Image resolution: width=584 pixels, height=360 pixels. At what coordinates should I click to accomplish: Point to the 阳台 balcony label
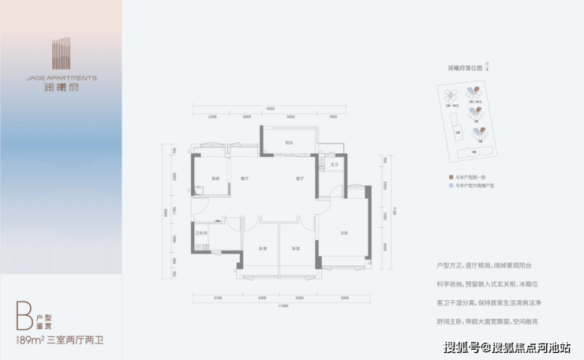coord(290,143)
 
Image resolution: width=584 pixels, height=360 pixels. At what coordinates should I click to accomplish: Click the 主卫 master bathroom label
coord(334,164)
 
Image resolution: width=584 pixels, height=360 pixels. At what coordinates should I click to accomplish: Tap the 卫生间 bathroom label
coord(201,233)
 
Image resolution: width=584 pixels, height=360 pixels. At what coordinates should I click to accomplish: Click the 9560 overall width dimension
coord(270,108)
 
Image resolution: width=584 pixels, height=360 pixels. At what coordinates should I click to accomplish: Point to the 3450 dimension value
coord(290,117)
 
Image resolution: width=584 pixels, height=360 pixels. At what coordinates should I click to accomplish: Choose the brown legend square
coord(449,179)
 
